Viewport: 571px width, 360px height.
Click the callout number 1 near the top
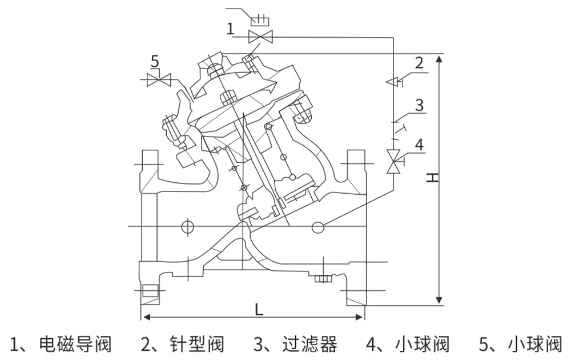[230, 29]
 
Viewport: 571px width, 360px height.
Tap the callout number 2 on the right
[420, 62]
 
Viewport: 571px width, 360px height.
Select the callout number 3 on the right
[420, 105]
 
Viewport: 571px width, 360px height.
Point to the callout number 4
[420, 145]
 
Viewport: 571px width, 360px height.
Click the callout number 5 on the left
[155, 59]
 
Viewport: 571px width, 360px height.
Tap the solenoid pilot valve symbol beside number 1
[261, 37]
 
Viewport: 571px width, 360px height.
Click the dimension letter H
[434, 178]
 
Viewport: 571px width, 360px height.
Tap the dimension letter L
[259, 309]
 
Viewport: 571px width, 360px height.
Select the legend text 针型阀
[198, 344]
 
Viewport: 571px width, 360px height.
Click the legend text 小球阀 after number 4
[423, 344]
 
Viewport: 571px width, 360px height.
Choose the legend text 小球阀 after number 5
[535, 344]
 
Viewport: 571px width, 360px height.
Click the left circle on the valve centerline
[186, 226]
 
